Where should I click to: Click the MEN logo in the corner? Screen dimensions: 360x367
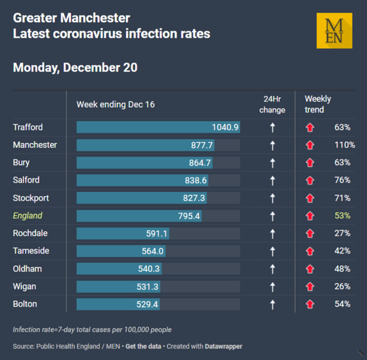tap(334, 30)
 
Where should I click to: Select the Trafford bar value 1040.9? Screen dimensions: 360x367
tap(224, 127)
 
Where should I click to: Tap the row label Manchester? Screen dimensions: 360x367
tap(35, 145)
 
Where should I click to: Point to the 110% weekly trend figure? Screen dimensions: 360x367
tap(344, 145)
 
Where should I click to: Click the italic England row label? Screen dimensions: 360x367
tap(28, 216)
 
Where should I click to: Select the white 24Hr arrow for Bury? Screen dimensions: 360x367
tap(272, 163)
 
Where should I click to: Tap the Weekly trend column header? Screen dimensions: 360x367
tap(318, 104)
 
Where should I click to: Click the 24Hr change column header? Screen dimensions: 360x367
tap(272, 104)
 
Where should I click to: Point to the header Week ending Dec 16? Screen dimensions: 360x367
tap(116, 104)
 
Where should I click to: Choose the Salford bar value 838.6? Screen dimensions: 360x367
tap(195, 180)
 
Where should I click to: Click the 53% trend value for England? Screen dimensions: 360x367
tap(342, 216)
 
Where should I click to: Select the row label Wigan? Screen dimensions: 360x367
tap(24, 286)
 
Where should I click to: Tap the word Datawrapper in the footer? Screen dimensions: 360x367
tap(223, 347)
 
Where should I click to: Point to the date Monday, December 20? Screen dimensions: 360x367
tap(75, 67)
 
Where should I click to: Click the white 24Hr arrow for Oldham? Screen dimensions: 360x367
tap(272, 269)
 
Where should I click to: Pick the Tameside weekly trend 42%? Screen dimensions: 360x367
tap(342, 251)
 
